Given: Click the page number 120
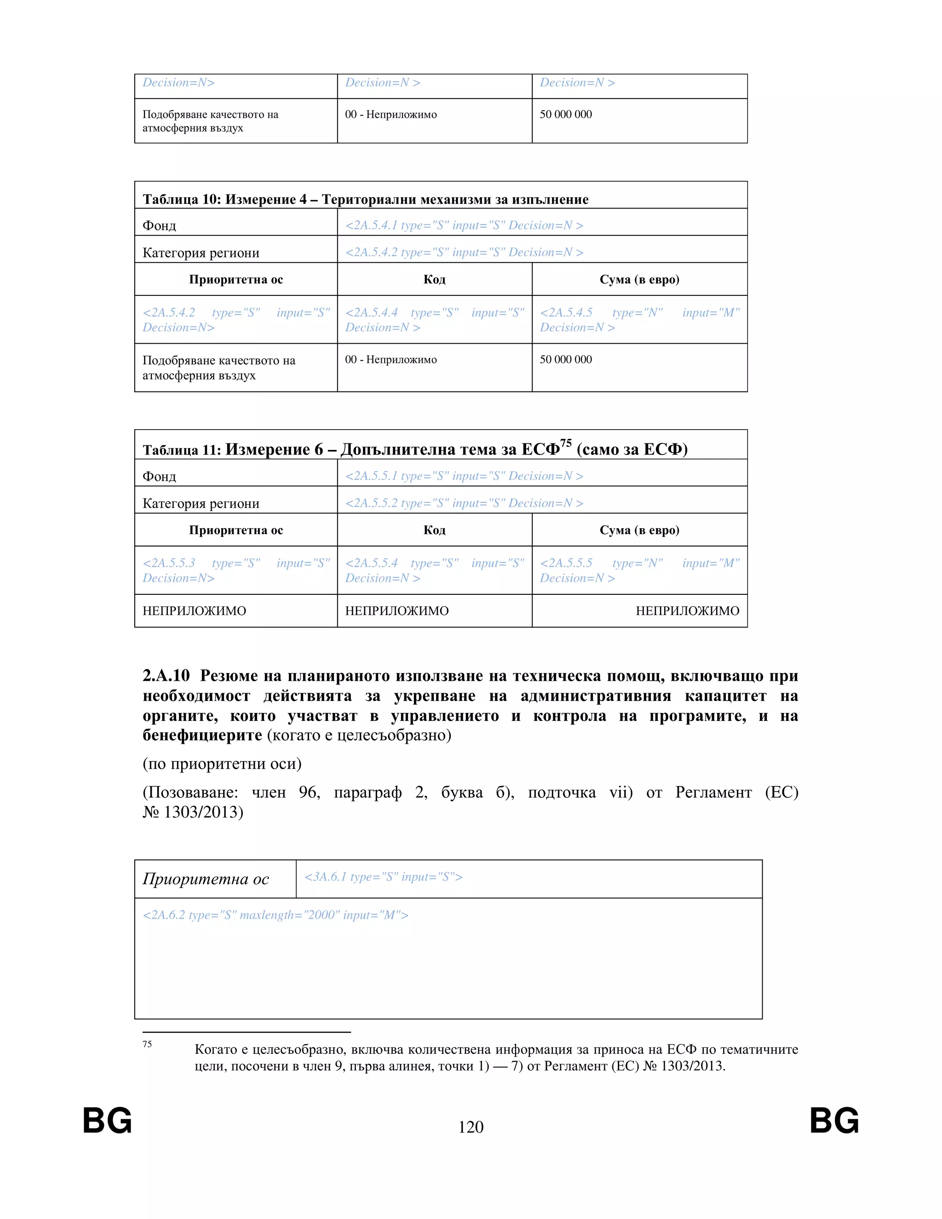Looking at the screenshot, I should (x=471, y=1127).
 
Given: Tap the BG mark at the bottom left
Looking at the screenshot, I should (x=107, y=1121).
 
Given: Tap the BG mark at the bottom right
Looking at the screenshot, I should (x=834, y=1121).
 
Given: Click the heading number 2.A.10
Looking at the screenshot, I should (x=167, y=676).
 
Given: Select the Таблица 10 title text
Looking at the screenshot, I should (x=366, y=199).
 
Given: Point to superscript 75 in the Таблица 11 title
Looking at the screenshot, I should (x=566, y=443).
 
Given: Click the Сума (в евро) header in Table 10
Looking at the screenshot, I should (x=639, y=279).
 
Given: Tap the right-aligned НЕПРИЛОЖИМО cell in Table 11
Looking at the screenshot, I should (x=687, y=610).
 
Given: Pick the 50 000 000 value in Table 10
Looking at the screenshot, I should (x=565, y=359).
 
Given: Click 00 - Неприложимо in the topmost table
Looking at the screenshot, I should (x=391, y=115).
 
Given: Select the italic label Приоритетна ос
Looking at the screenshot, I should (x=206, y=879).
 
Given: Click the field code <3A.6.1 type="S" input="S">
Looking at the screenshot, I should (x=384, y=877).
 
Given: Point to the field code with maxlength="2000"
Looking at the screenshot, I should (x=276, y=915).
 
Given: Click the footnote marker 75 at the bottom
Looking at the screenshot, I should (x=147, y=1044).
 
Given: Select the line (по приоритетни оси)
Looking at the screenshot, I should (x=222, y=764).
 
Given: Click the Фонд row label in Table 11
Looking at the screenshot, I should (x=159, y=476).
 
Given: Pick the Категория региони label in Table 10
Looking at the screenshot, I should (x=201, y=253).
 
